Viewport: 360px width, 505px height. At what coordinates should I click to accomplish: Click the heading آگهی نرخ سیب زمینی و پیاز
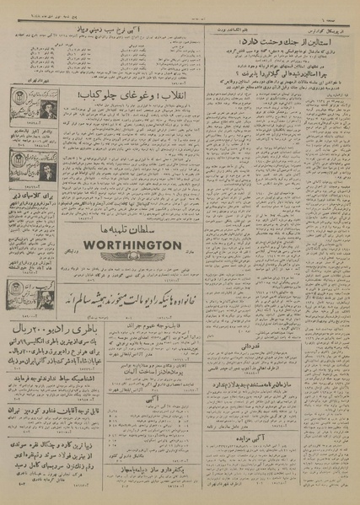coord(141,30)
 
